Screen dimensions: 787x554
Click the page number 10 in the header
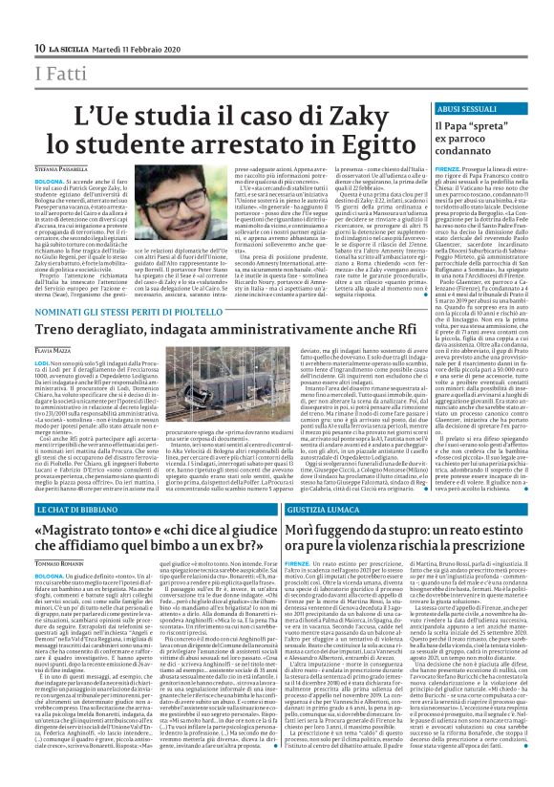tap(40, 48)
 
